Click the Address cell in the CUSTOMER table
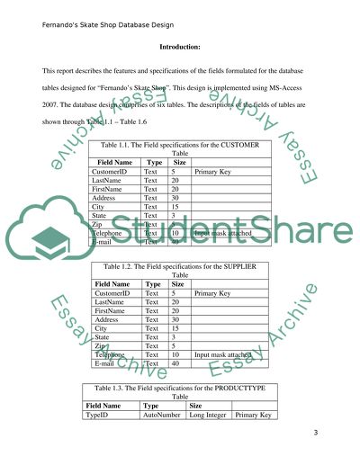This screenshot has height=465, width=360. (x=107, y=198)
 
